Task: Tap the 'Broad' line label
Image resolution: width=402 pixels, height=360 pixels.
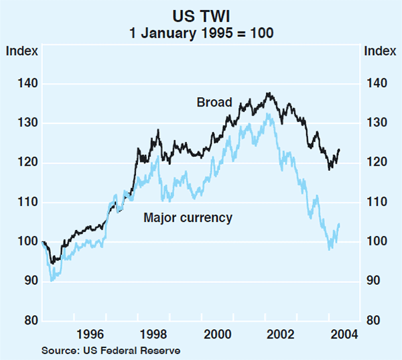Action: (214, 103)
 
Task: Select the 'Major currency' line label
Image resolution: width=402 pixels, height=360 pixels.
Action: (188, 218)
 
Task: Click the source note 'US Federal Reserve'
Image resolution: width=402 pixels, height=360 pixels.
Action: (131, 349)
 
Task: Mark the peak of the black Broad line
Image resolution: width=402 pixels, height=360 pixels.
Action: (269, 93)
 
